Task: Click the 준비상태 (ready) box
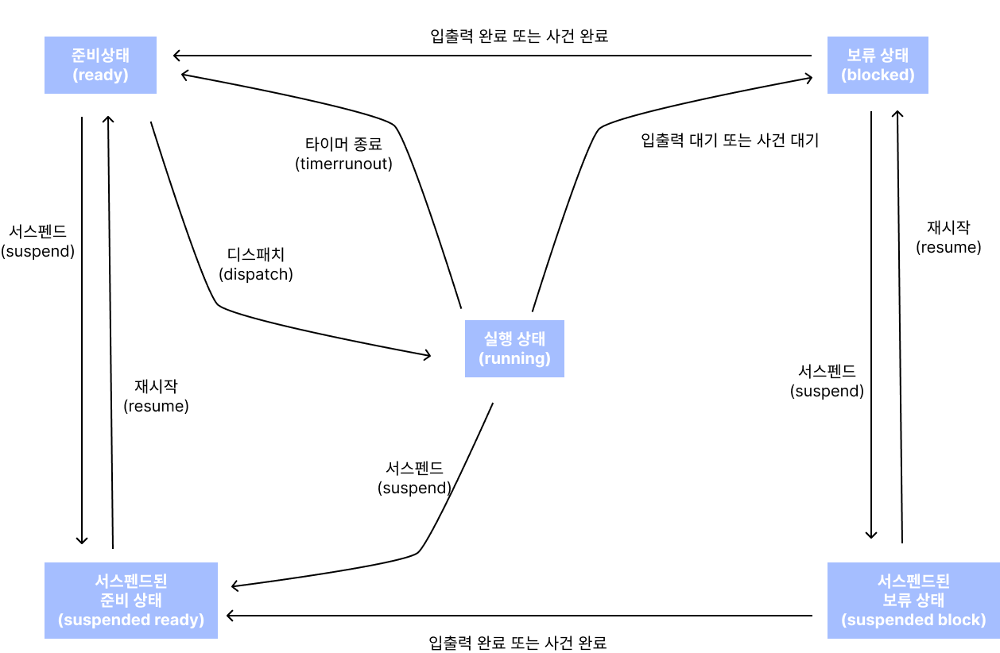coord(100,65)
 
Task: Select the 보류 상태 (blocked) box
coord(878,65)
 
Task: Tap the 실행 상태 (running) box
coord(514,349)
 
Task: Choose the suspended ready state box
coord(131,601)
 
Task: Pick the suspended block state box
coord(913,601)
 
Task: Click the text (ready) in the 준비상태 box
coord(100,75)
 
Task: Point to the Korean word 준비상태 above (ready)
coord(100,56)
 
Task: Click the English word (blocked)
coord(878,75)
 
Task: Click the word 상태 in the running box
coord(531,339)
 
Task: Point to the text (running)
coord(514,358)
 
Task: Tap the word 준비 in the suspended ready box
coord(115,601)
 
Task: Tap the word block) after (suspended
coord(962,620)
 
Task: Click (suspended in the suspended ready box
coord(103,620)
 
